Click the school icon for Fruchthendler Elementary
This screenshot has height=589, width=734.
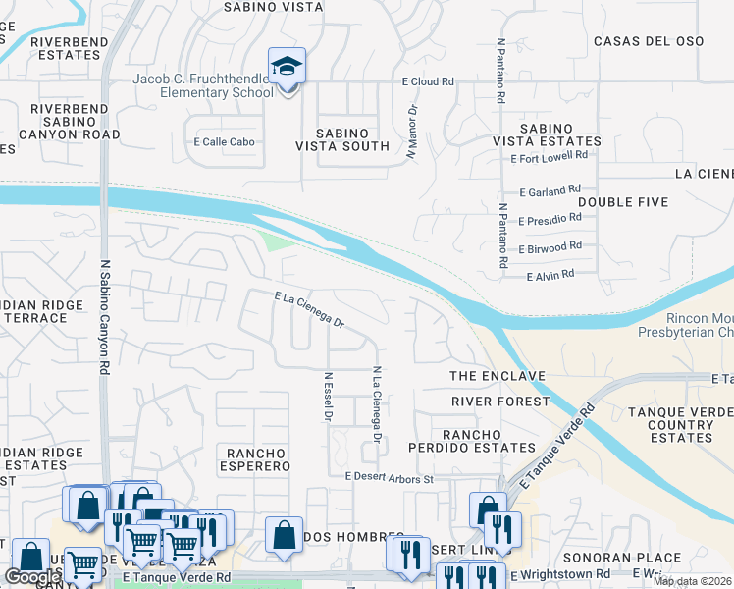coord(288,68)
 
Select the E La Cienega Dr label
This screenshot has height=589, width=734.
coord(309,308)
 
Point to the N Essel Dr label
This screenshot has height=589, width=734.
coord(327,398)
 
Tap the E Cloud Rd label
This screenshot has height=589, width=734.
coord(427,82)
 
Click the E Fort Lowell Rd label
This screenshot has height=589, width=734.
coord(550,155)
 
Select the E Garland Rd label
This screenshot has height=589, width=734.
coord(550,188)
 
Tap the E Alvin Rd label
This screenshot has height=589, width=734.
coord(550,276)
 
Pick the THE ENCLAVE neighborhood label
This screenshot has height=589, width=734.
coord(497,376)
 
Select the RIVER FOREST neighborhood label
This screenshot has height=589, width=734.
coord(500,402)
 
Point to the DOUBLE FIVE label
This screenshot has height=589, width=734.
coord(623,202)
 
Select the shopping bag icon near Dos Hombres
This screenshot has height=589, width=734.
coord(284,536)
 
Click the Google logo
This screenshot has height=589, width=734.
coord(31,576)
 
